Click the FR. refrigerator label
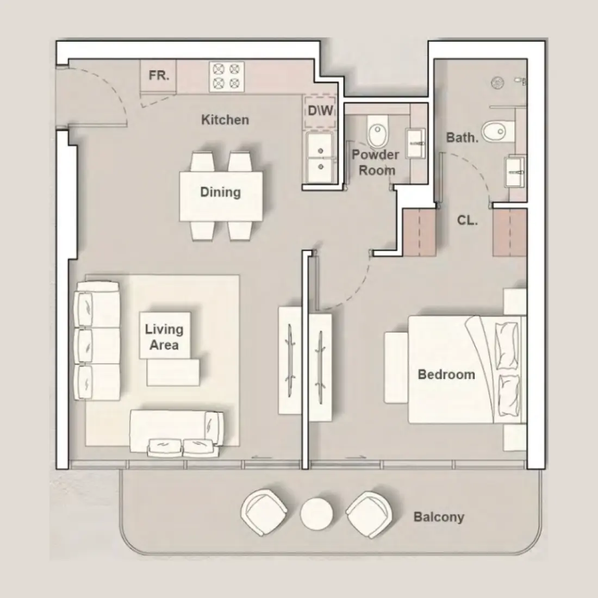point(159,76)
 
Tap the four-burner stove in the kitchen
point(226,76)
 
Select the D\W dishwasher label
point(320,111)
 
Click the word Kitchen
point(225,120)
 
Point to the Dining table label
point(220,192)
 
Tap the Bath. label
point(462,138)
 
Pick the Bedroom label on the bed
point(446,375)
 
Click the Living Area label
point(164,337)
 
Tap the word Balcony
point(439,516)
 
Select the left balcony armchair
point(265,512)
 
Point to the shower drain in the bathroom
point(497,83)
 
